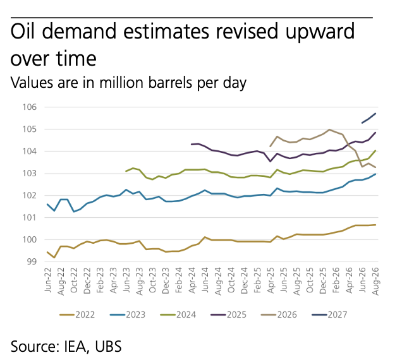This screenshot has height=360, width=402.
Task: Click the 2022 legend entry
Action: [x=77, y=315]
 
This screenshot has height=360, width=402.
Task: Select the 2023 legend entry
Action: [x=128, y=315]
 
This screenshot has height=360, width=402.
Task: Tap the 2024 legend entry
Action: [x=178, y=315]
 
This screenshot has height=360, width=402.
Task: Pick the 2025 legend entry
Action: [x=228, y=315]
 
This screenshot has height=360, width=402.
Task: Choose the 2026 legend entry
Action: [x=279, y=315]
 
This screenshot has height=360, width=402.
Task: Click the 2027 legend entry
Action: [x=329, y=315]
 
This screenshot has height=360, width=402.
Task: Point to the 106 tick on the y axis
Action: [x=30, y=107]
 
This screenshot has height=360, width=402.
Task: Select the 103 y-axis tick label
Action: [x=30, y=174]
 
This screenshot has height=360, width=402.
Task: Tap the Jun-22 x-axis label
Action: [x=47, y=280]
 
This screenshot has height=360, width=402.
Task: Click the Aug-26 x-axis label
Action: [x=375, y=281]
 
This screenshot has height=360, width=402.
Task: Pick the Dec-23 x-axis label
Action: [x=166, y=281]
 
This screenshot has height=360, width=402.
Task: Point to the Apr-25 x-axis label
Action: [x=271, y=280]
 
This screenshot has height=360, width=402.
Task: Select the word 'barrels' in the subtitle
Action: [x=170, y=83]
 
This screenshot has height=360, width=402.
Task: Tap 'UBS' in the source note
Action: [x=108, y=346]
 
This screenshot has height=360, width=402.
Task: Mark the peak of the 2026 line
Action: [x=329, y=129]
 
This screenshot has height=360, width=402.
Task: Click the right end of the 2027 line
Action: [x=375, y=113]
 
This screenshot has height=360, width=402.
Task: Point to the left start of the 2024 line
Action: [x=126, y=171]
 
